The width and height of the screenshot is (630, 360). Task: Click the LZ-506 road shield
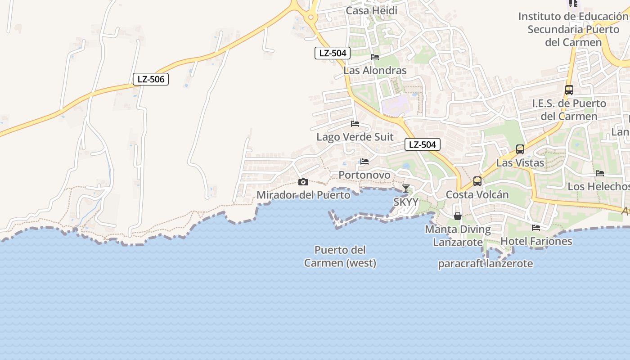151,80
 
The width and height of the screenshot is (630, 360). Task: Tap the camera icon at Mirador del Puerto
303,182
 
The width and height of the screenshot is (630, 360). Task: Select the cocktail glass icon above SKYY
406,188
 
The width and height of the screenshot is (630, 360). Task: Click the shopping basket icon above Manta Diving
458,216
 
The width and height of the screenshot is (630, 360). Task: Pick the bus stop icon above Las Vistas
520,149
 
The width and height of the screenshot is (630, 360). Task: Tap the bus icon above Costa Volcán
477,181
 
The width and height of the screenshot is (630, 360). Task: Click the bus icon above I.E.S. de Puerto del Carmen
569,90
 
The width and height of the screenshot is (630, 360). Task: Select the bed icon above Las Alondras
375,57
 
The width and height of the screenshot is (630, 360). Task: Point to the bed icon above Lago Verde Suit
355,124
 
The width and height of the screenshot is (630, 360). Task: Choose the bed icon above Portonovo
364,162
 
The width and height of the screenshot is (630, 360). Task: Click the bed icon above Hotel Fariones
536,228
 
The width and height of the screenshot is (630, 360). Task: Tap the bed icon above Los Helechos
600,173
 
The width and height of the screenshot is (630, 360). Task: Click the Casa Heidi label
372,10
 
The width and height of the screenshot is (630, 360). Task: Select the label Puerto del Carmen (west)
340,256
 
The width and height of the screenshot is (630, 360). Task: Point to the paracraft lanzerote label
486,263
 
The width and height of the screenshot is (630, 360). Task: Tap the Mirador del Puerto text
303,195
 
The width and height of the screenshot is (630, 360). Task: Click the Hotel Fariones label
536,241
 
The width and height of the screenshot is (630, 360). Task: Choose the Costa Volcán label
477,194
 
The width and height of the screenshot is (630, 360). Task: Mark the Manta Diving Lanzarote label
458,235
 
